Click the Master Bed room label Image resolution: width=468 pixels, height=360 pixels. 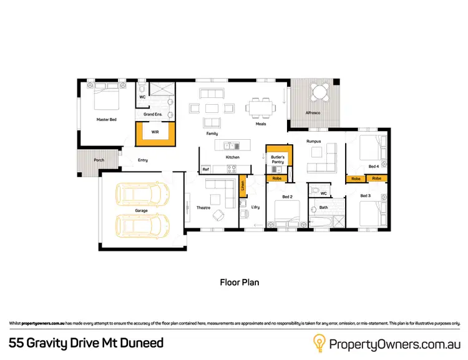106,119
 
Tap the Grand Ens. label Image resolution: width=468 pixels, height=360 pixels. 153,115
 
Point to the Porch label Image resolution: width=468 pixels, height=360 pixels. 99,160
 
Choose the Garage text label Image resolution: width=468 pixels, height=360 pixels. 142,211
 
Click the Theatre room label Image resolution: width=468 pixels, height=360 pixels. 203,208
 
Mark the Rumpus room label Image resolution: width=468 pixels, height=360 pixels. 313,141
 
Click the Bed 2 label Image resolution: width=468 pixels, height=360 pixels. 287,197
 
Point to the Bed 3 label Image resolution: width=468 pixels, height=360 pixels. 365,196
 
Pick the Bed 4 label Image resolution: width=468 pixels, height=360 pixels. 373,167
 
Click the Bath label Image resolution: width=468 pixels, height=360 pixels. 323,207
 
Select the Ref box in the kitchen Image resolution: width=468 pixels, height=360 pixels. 205,170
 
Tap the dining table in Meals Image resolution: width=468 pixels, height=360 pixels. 260,107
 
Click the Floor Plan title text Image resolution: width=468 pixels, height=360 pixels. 239,282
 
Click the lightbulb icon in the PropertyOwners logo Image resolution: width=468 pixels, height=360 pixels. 319,343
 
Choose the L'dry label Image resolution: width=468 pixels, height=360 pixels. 255,207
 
